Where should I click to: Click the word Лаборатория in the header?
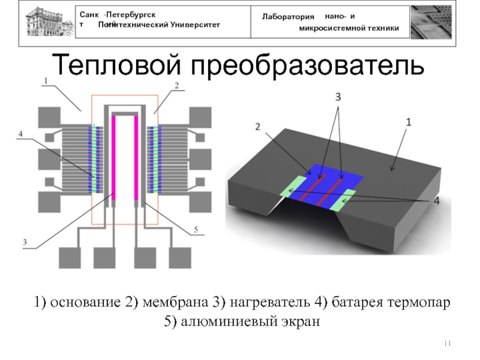click(x=289, y=18)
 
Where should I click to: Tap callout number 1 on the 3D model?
click(x=408, y=122)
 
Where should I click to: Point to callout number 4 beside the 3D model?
click(x=436, y=202)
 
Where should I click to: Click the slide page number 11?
click(x=446, y=343)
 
